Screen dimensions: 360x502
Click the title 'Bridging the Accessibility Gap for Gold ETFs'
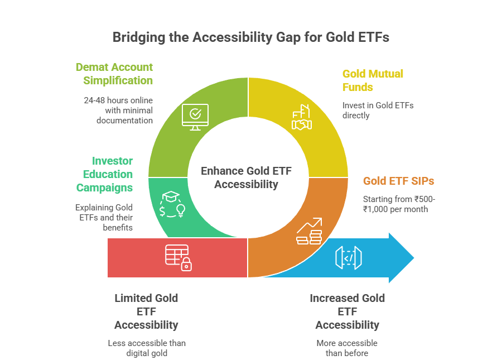coord(250,37)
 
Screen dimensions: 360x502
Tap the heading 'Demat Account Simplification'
coord(114,74)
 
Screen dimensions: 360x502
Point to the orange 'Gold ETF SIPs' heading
coord(398,181)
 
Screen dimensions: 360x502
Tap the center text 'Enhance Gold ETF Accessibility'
coord(246,177)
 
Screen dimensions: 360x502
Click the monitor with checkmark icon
coord(195,116)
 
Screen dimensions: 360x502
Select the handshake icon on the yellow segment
coord(301,118)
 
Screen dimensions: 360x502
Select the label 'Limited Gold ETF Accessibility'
coord(146,311)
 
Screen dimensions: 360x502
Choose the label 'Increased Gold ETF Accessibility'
coord(347,311)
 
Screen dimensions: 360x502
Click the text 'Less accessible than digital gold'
coord(147,347)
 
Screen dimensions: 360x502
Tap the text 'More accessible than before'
coord(347,347)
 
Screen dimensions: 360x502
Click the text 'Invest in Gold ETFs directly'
coord(378,109)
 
